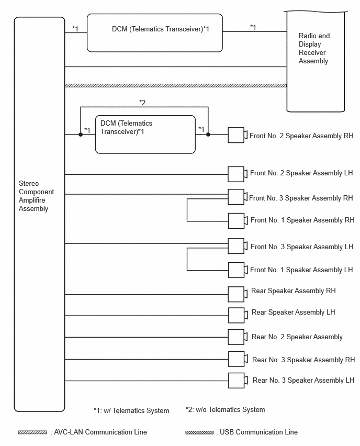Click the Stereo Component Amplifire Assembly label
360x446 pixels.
(36, 196)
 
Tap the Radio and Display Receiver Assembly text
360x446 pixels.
(314, 48)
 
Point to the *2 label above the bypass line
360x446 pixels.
(142, 103)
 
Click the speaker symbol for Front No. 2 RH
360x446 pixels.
(238, 135)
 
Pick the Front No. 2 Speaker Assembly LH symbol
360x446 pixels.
(238, 174)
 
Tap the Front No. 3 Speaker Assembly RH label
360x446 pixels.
(301, 198)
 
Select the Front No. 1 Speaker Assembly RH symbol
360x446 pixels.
(238, 221)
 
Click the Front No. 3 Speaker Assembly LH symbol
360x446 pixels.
(238, 246)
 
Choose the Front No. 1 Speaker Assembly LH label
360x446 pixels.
(301, 270)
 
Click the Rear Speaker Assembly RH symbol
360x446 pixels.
(238, 294)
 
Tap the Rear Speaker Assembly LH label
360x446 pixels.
(293, 313)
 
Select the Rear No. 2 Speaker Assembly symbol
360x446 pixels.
(238, 337)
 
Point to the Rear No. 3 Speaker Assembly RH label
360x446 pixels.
(303, 360)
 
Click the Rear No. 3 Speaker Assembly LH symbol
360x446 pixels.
(238, 380)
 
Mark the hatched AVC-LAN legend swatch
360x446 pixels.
(32, 432)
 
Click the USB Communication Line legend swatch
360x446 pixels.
(199, 432)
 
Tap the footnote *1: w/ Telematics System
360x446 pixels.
(131, 411)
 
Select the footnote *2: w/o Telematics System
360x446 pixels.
(225, 409)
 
